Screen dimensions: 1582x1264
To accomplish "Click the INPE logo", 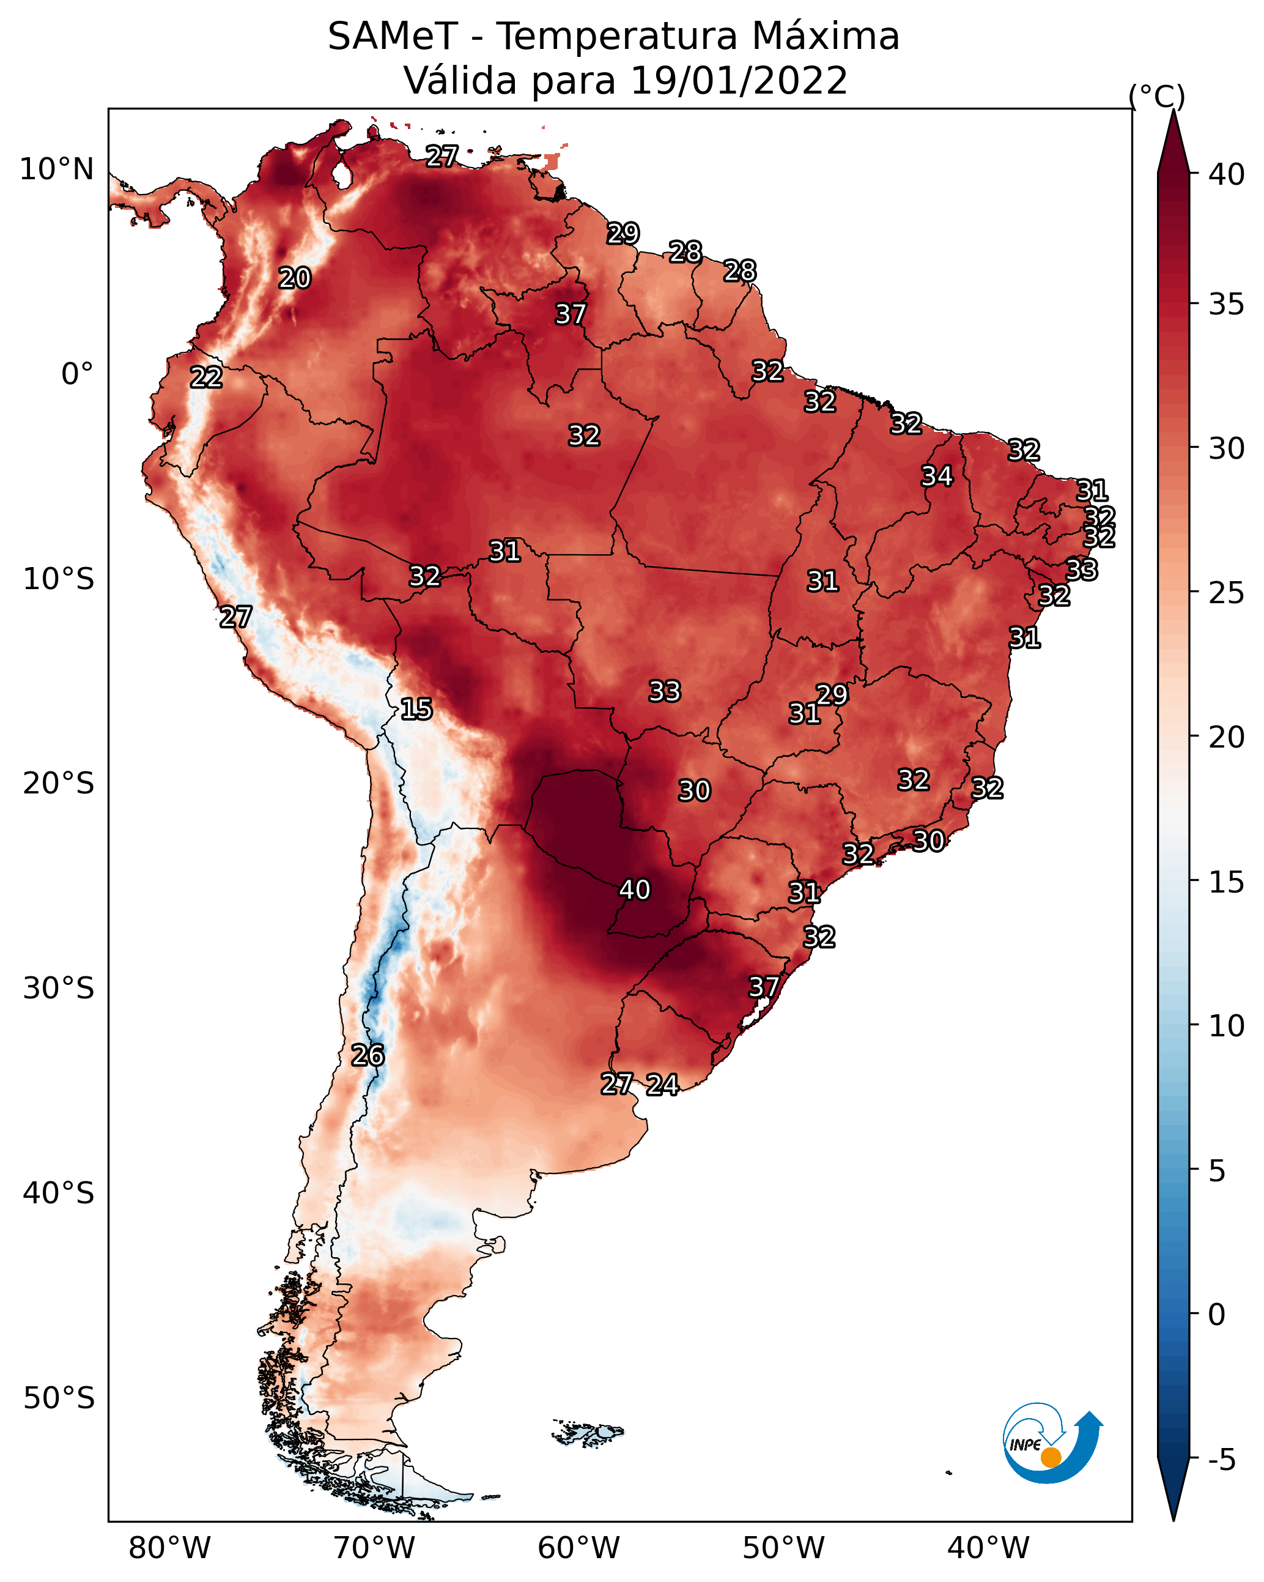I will pyautogui.click(x=1051, y=1445).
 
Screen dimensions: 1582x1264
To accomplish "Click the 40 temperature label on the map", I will pyautogui.click(x=635, y=889).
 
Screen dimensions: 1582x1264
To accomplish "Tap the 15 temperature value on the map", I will pyautogui.click(x=416, y=709).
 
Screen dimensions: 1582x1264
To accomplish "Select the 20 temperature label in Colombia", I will pyautogui.click(x=295, y=278).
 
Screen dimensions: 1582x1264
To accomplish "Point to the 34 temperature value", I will pyautogui.click(x=937, y=476).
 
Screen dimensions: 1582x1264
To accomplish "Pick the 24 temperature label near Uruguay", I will pyautogui.click(x=662, y=1085).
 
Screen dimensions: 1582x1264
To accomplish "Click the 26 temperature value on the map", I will pyautogui.click(x=368, y=1055).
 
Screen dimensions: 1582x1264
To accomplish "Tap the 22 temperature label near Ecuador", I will pyautogui.click(x=206, y=377).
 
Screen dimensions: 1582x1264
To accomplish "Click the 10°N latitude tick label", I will pyautogui.click(x=56, y=169).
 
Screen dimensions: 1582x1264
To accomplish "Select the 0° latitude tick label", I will pyautogui.click(x=77, y=374).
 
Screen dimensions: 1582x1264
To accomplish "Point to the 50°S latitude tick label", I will pyautogui.click(x=59, y=1398).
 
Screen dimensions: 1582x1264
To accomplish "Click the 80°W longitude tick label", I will pyautogui.click(x=169, y=1548).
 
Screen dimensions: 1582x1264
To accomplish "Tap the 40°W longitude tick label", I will pyautogui.click(x=988, y=1548).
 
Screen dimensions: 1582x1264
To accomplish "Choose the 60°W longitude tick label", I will pyautogui.click(x=579, y=1548).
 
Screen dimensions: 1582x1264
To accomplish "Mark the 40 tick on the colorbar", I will pyautogui.click(x=1227, y=174).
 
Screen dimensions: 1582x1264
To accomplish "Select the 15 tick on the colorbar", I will pyautogui.click(x=1227, y=882).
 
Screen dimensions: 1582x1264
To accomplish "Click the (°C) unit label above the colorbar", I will pyautogui.click(x=1157, y=96).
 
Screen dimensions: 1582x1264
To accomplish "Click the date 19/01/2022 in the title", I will pyautogui.click(x=738, y=81).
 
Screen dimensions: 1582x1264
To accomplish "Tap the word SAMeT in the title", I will pyautogui.click(x=393, y=37).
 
